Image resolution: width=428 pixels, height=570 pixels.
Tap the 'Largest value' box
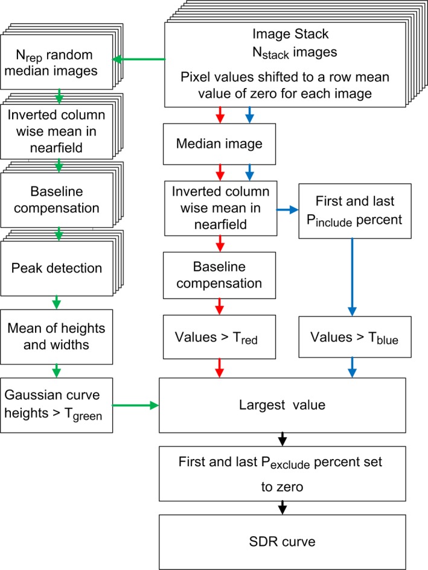[x=281, y=405]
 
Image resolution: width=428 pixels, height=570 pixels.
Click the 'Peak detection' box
[x=56, y=267]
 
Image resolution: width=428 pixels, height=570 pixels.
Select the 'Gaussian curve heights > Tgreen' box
[x=57, y=405]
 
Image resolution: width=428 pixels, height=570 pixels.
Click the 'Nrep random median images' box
[x=56, y=60]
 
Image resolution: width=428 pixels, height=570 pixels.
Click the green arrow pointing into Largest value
[x=136, y=405]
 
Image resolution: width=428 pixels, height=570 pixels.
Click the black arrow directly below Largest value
[x=281, y=439]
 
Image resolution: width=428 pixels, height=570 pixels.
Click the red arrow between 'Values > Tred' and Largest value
[x=219, y=366]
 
